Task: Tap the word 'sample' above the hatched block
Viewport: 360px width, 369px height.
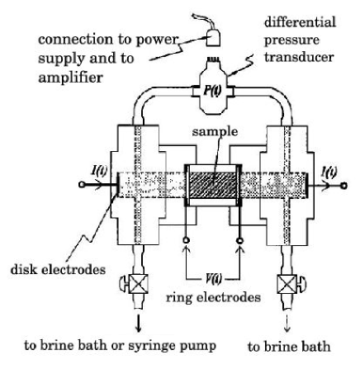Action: [211, 154]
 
